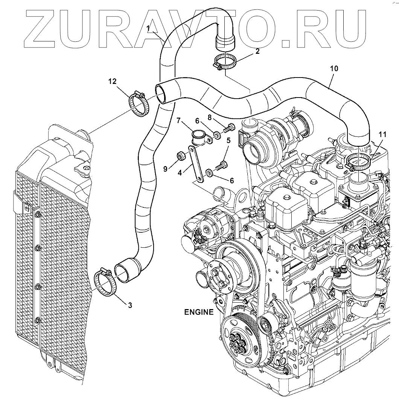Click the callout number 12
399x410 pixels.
[113, 81]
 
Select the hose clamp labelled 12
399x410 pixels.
[140, 104]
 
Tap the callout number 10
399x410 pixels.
[334, 69]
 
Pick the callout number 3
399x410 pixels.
[130, 305]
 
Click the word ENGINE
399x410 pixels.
[199, 312]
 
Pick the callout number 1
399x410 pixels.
[148, 28]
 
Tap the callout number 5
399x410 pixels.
[228, 141]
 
